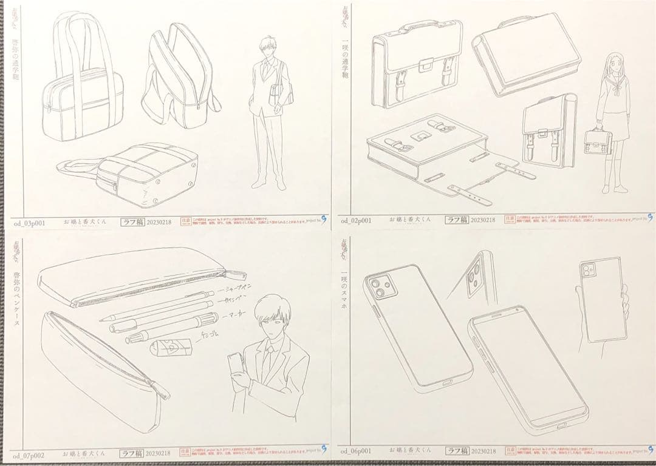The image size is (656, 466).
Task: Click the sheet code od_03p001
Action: [x=31, y=223]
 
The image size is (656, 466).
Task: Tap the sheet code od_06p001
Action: [x=355, y=451]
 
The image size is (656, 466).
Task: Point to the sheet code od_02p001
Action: [x=355, y=221]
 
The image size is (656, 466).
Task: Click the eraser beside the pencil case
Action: [x=171, y=348]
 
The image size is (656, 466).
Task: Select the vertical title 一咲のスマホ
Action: [x=344, y=285]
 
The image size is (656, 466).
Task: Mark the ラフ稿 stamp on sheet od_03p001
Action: [x=132, y=222]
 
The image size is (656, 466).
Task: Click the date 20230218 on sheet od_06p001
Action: [x=483, y=451]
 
